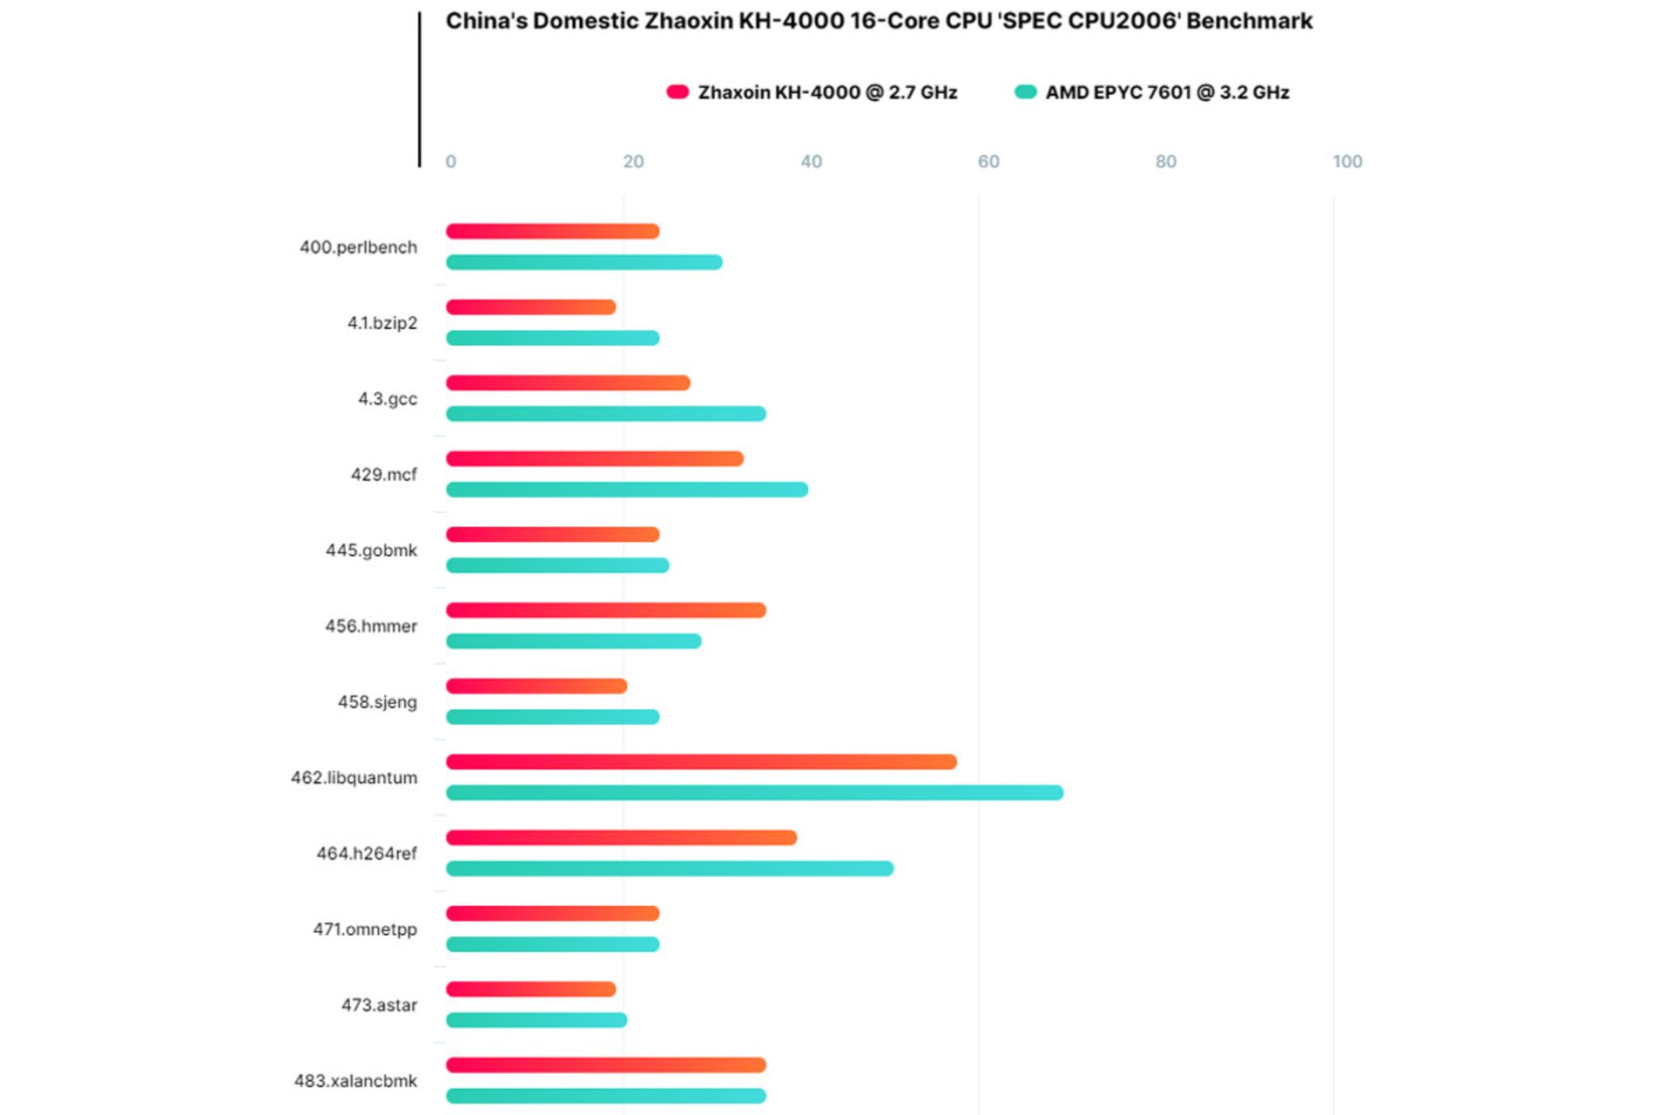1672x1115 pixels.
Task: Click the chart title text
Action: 879,21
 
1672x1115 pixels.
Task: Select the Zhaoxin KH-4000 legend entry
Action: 812,92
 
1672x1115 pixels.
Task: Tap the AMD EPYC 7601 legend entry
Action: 1152,92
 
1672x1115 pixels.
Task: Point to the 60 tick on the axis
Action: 988,161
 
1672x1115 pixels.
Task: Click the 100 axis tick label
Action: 1347,161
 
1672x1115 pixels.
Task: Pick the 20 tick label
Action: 633,161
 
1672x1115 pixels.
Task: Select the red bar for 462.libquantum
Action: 701,762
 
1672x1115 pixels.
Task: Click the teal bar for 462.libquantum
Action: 754,793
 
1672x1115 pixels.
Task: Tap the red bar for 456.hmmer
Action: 606,611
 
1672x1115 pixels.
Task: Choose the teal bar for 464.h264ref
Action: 670,868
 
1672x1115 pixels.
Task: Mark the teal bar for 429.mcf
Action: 627,490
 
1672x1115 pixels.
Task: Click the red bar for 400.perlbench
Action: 553,232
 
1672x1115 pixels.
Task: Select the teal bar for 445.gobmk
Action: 557,565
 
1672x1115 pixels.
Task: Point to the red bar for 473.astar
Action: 531,990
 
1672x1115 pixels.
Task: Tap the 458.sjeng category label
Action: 377,702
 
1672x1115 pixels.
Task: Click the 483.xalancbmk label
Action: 355,1081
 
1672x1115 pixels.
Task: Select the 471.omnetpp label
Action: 365,929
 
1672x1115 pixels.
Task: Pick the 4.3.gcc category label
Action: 388,399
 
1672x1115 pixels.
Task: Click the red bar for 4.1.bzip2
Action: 531,307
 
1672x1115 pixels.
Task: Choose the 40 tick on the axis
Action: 811,161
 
